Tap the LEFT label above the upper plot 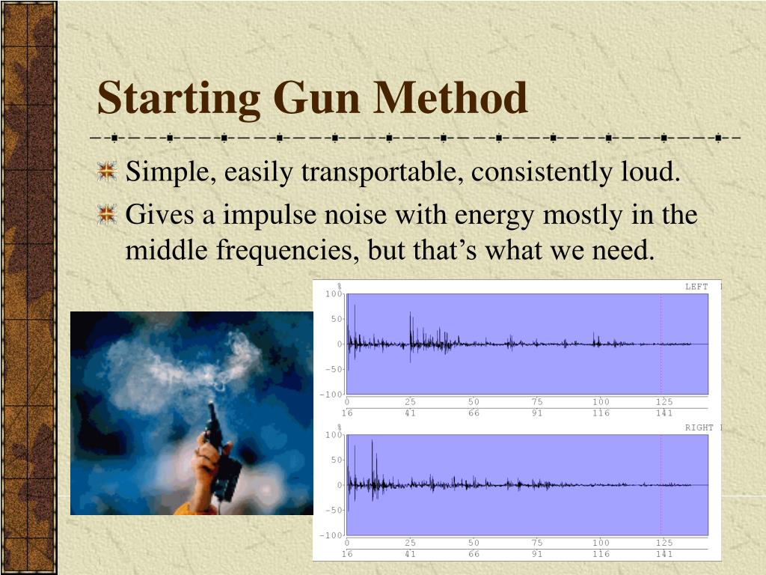click(696, 287)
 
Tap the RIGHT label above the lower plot click(699, 428)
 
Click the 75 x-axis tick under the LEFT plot click(537, 402)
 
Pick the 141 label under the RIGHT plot click(664, 554)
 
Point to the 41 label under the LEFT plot click(410, 413)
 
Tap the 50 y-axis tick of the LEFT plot click(336, 319)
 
